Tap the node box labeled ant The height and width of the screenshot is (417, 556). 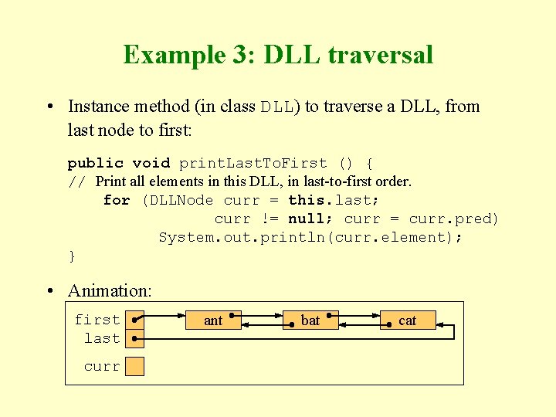pos(213,320)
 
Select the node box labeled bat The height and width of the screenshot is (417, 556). pos(310,320)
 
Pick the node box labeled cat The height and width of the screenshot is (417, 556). pos(408,320)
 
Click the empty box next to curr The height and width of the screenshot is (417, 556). pos(135,366)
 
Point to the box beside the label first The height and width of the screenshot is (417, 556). pos(135,320)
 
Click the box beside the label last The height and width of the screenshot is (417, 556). pos(135,338)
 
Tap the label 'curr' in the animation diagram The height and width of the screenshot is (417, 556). pos(102,366)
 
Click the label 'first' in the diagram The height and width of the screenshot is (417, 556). pos(97,320)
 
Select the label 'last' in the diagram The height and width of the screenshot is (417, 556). pos(102,338)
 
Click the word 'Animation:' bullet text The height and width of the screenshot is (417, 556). pos(110,290)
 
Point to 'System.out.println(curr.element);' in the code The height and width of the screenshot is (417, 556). pos(310,237)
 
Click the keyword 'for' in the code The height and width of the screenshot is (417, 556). pos(117,200)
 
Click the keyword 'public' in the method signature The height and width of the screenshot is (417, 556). pos(96,163)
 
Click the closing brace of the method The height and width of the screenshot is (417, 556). pos(72,256)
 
